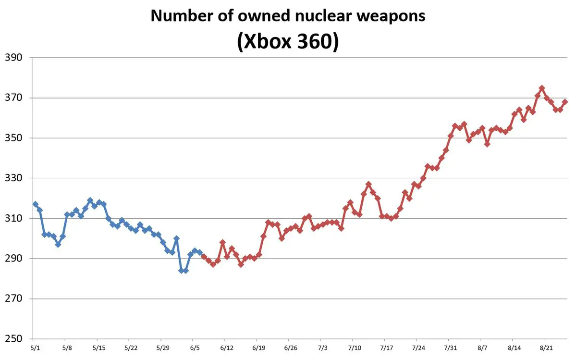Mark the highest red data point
(542, 88)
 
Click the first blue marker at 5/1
(36, 204)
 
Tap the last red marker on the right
(565, 102)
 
